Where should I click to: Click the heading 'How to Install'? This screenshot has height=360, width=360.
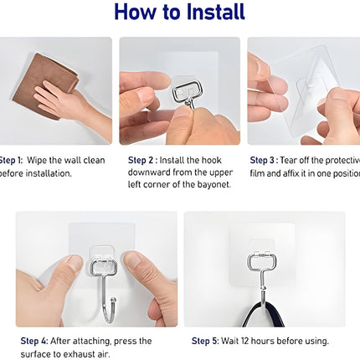tap(179, 13)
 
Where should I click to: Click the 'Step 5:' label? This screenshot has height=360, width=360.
tap(207, 341)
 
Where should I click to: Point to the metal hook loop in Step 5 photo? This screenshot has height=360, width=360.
tap(259, 265)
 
